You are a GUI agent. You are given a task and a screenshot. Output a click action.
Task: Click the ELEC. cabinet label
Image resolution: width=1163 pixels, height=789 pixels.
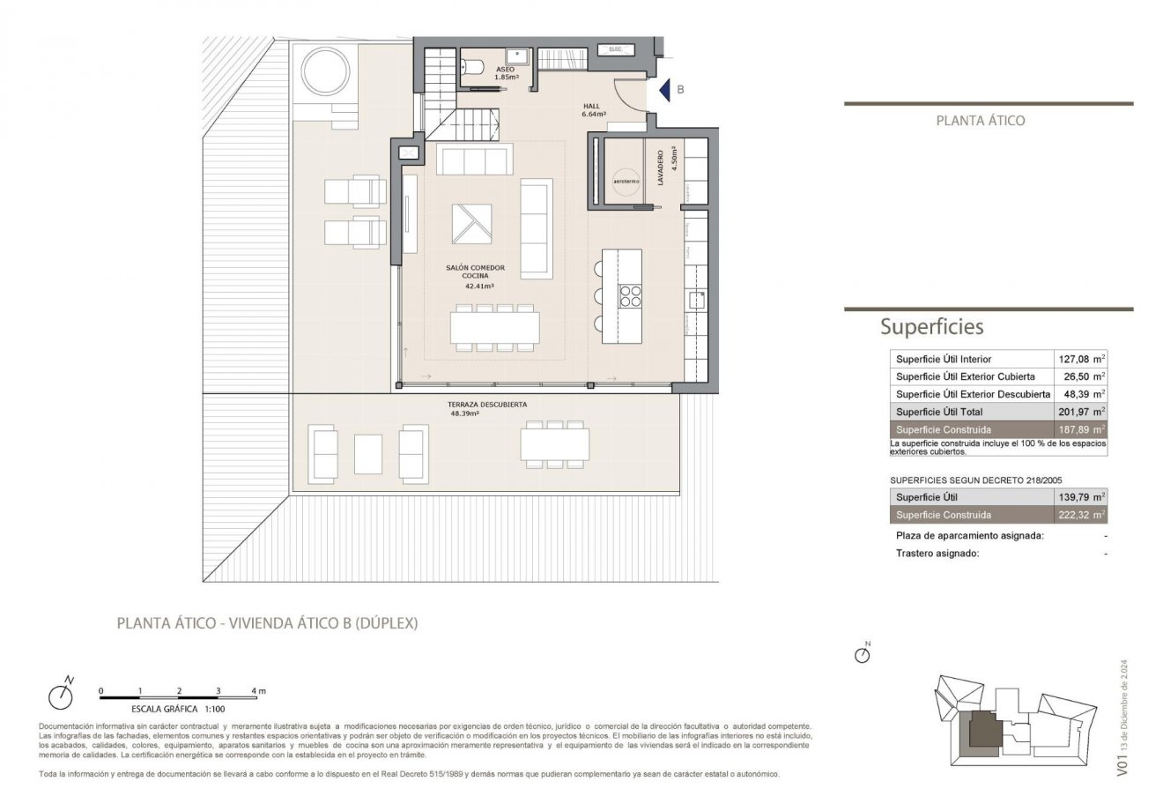(x=616, y=49)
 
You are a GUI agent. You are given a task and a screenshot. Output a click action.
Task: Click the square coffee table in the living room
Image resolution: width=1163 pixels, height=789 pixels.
(x=471, y=223)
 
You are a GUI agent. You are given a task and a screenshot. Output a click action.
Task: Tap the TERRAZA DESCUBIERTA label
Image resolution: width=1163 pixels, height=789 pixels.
(x=488, y=405)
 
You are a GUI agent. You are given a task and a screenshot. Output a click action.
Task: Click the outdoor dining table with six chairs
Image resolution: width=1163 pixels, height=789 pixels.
(x=554, y=444)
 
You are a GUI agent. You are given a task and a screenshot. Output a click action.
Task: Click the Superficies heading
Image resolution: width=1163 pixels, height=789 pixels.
(x=931, y=327)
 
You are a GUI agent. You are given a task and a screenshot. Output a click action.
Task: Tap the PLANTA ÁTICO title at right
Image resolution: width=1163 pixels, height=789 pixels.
(x=980, y=121)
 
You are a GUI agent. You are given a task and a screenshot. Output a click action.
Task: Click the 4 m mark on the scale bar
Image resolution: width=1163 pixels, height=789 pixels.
(x=255, y=690)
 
